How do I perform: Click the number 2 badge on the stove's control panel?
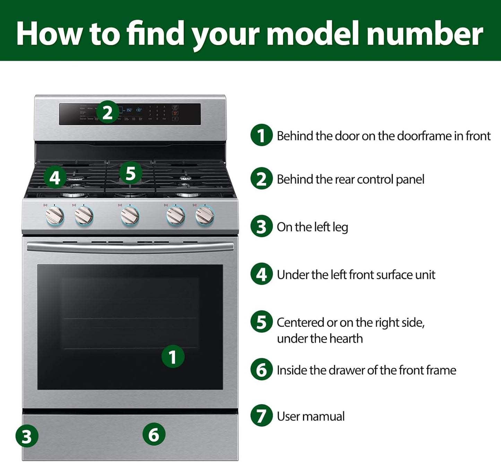[107, 112]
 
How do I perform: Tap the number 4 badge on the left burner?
[55, 177]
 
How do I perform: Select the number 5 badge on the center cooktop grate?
[130, 173]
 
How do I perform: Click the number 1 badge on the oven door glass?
[173, 357]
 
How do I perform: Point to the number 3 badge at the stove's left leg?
[27, 436]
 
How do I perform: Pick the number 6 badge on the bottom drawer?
[154, 434]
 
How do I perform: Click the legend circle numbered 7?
[262, 416]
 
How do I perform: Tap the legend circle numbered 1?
[262, 135]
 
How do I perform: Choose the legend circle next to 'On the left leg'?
[262, 226]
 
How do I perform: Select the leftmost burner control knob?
[55, 216]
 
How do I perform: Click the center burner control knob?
[130, 216]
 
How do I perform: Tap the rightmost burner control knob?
[205, 216]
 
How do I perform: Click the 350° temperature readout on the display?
[129, 110]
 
